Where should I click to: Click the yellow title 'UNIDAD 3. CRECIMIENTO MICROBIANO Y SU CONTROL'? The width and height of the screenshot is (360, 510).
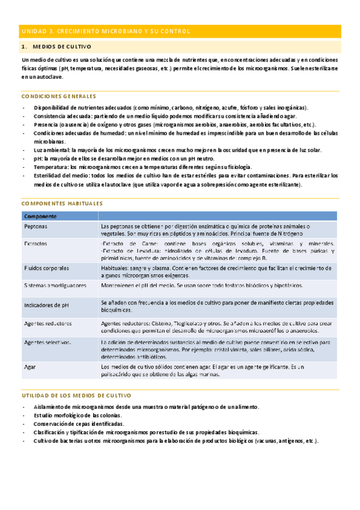pos(106,31)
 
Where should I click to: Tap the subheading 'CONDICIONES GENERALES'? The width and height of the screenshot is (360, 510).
pos(58,96)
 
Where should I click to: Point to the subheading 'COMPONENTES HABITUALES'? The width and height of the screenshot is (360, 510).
pos(62,204)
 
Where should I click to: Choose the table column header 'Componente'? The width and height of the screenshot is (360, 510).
pos(40,216)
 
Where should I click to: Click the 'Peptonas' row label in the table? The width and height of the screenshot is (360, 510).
pos(37,226)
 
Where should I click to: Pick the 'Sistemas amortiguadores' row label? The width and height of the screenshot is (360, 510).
pos(55,285)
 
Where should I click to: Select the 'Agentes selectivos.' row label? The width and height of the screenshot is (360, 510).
pos(47,342)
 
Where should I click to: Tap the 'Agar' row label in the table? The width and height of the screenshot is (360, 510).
pos(29,366)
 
